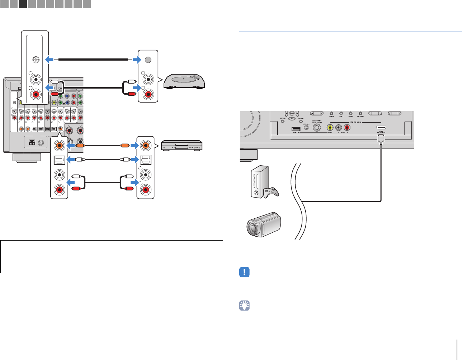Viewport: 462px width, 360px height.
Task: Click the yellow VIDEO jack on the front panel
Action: click(x=330, y=127)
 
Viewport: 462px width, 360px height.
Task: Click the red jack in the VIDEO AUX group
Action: click(x=347, y=127)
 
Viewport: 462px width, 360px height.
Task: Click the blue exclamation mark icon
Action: click(x=244, y=272)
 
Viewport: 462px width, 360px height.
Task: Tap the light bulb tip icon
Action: click(x=244, y=305)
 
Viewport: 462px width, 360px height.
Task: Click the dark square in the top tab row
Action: click(x=23, y=4)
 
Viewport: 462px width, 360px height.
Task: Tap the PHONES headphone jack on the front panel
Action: click(x=317, y=127)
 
